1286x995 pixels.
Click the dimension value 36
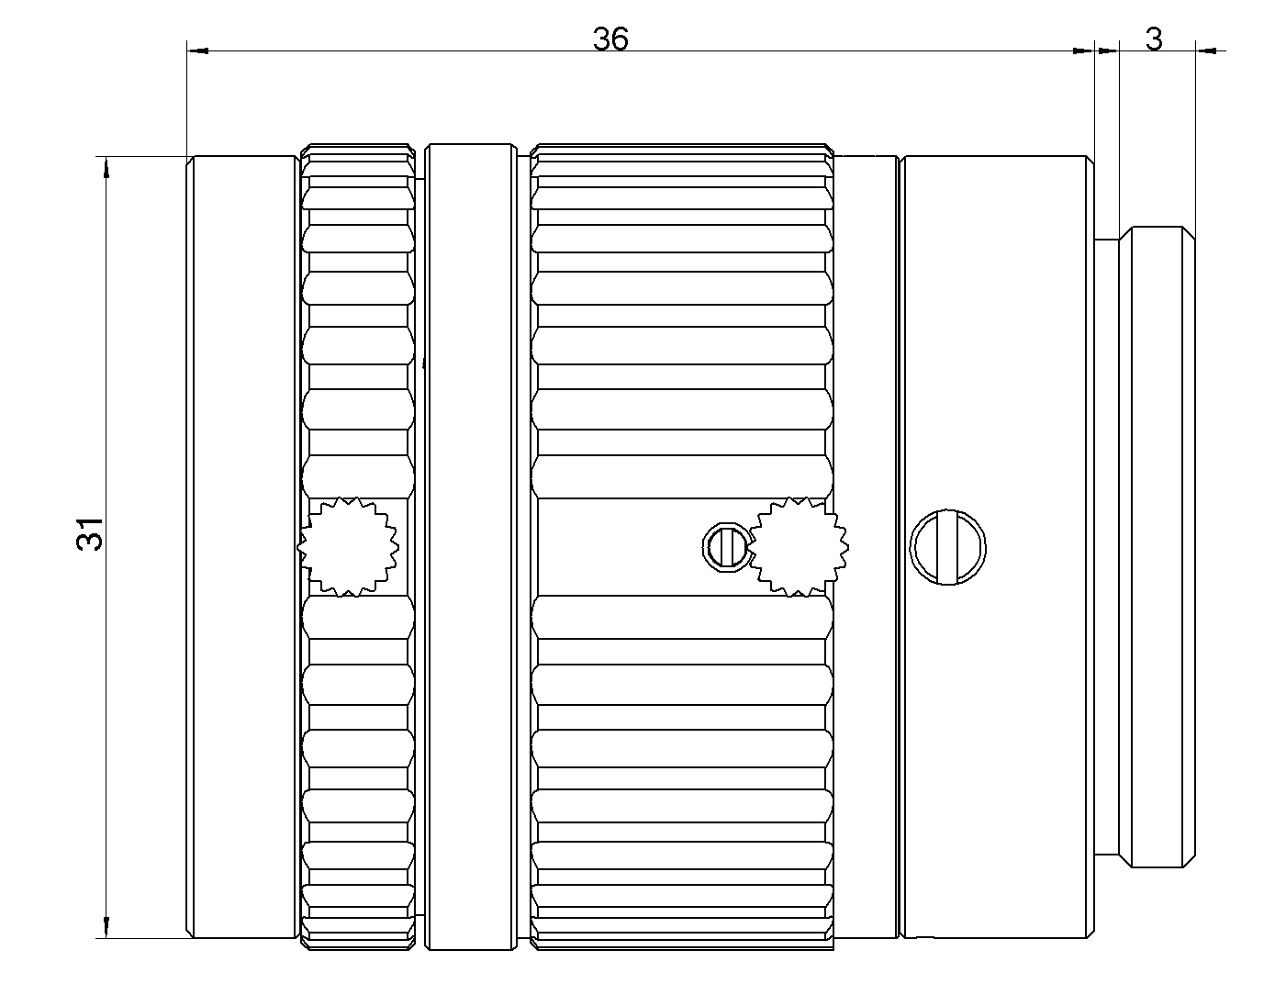[610, 39]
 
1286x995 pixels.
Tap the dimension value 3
[1155, 39]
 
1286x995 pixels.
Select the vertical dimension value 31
[90, 532]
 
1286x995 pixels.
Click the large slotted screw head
[948, 548]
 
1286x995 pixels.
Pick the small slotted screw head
[725, 547]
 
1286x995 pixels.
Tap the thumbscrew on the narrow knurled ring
[349, 547]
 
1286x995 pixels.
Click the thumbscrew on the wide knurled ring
[797, 547]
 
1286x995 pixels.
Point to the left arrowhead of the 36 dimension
[198, 51]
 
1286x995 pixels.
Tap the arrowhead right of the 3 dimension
[1208, 51]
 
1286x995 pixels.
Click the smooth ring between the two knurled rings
[469, 547]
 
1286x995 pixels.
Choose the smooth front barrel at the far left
[243, 547]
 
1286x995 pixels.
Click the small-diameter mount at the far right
[1161, 547]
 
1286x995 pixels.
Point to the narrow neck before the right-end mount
[1107, 547]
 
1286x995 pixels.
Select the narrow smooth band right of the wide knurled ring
[865, 547]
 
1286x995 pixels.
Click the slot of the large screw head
[948, 548]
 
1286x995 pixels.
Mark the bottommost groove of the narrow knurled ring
[357, 927]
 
